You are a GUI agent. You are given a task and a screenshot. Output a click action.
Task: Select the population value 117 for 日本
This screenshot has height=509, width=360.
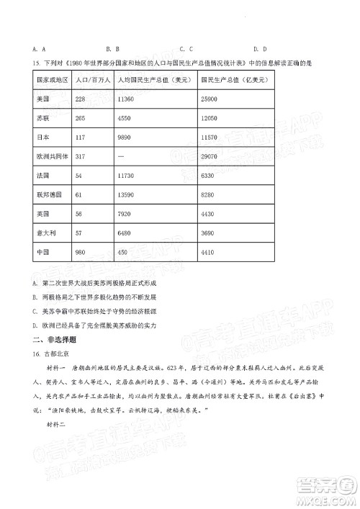81,137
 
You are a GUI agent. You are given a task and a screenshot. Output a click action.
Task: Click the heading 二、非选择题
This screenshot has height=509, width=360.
48,338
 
